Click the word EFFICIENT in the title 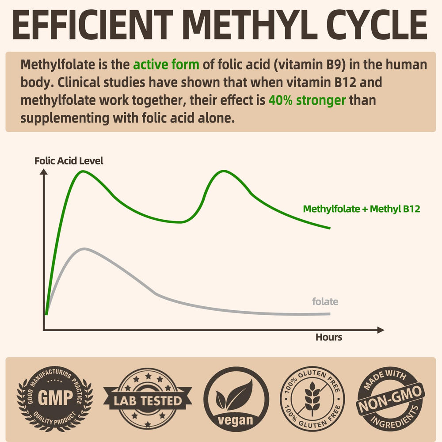[x=91, y=25]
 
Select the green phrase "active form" [x=166, y=65]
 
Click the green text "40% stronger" [x=307, y=100]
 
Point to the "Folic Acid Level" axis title [x=69, y=161]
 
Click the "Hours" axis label [x=329, y=337]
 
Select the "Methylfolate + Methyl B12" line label [x=362, y=209]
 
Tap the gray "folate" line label [x=325, y=302]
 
